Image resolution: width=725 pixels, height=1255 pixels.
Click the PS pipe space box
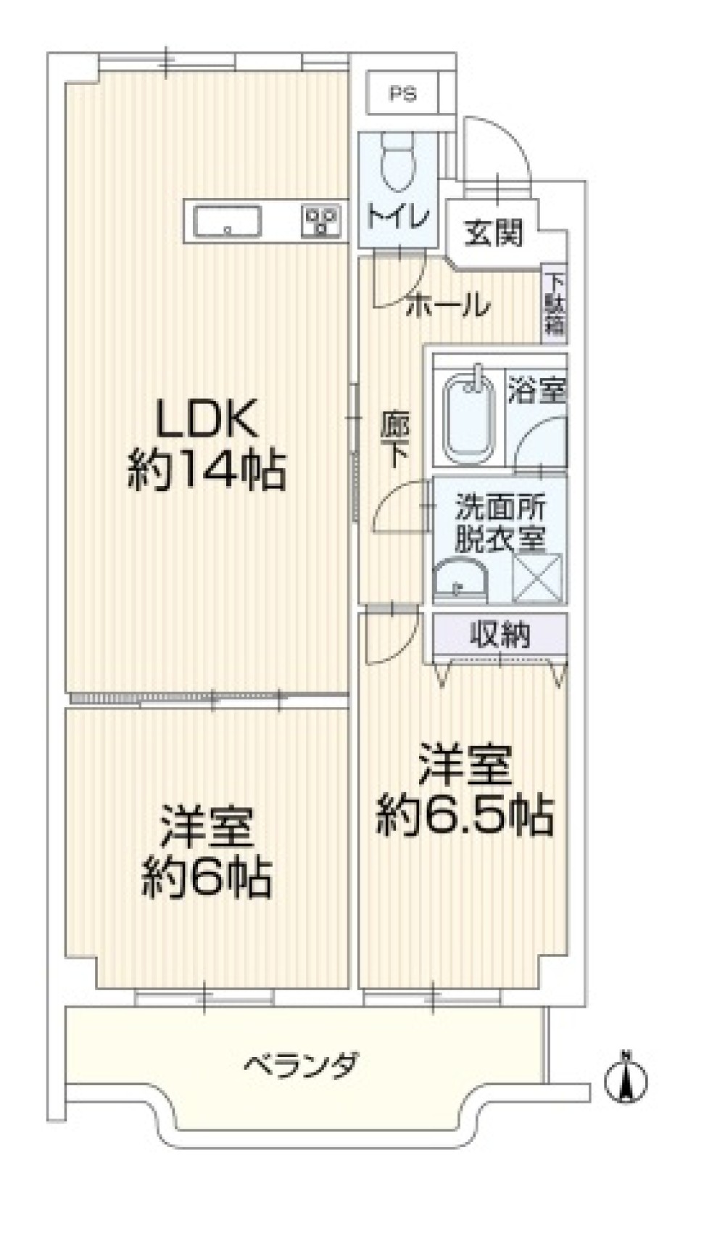tap(402, 94)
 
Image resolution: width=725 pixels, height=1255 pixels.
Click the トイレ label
tap(398, 216)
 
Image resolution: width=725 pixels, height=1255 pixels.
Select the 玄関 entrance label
tap(492, 233)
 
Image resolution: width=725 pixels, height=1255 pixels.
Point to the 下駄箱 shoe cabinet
tap(555, 303)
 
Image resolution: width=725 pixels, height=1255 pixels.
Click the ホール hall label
tap(447, 305)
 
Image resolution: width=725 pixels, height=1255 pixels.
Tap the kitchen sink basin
tap(227, 221)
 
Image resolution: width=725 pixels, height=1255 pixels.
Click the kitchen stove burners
tap(320, 221)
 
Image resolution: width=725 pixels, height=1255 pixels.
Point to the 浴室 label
tap(536, 392)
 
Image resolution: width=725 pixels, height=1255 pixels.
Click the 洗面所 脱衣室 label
tap(500, 522)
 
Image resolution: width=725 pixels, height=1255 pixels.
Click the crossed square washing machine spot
tap(538, 577)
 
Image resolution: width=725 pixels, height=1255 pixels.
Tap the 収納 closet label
tap(500, 635)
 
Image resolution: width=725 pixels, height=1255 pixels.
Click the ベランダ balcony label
tap(300, 1066)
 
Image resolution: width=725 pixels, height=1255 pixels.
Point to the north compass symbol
tap(626, 1077)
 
